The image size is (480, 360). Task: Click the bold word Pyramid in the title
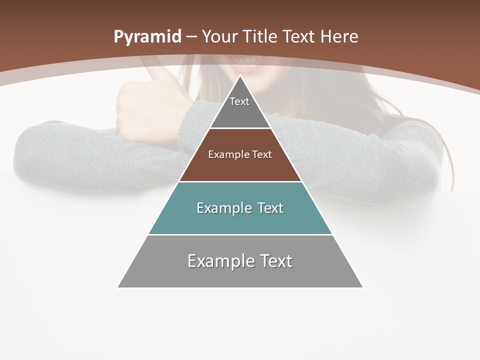click(147, 37)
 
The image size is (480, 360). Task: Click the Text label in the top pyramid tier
click(239, 101)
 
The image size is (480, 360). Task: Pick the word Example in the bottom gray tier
click(220, 261)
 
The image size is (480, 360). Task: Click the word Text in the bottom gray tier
click(276, 261)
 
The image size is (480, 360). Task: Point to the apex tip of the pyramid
click(240, 76)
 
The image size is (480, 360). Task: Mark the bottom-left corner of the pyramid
click(118, 287)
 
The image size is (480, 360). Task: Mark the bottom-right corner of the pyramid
click(362, 287)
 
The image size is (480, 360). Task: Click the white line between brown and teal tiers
click(240, 181)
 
